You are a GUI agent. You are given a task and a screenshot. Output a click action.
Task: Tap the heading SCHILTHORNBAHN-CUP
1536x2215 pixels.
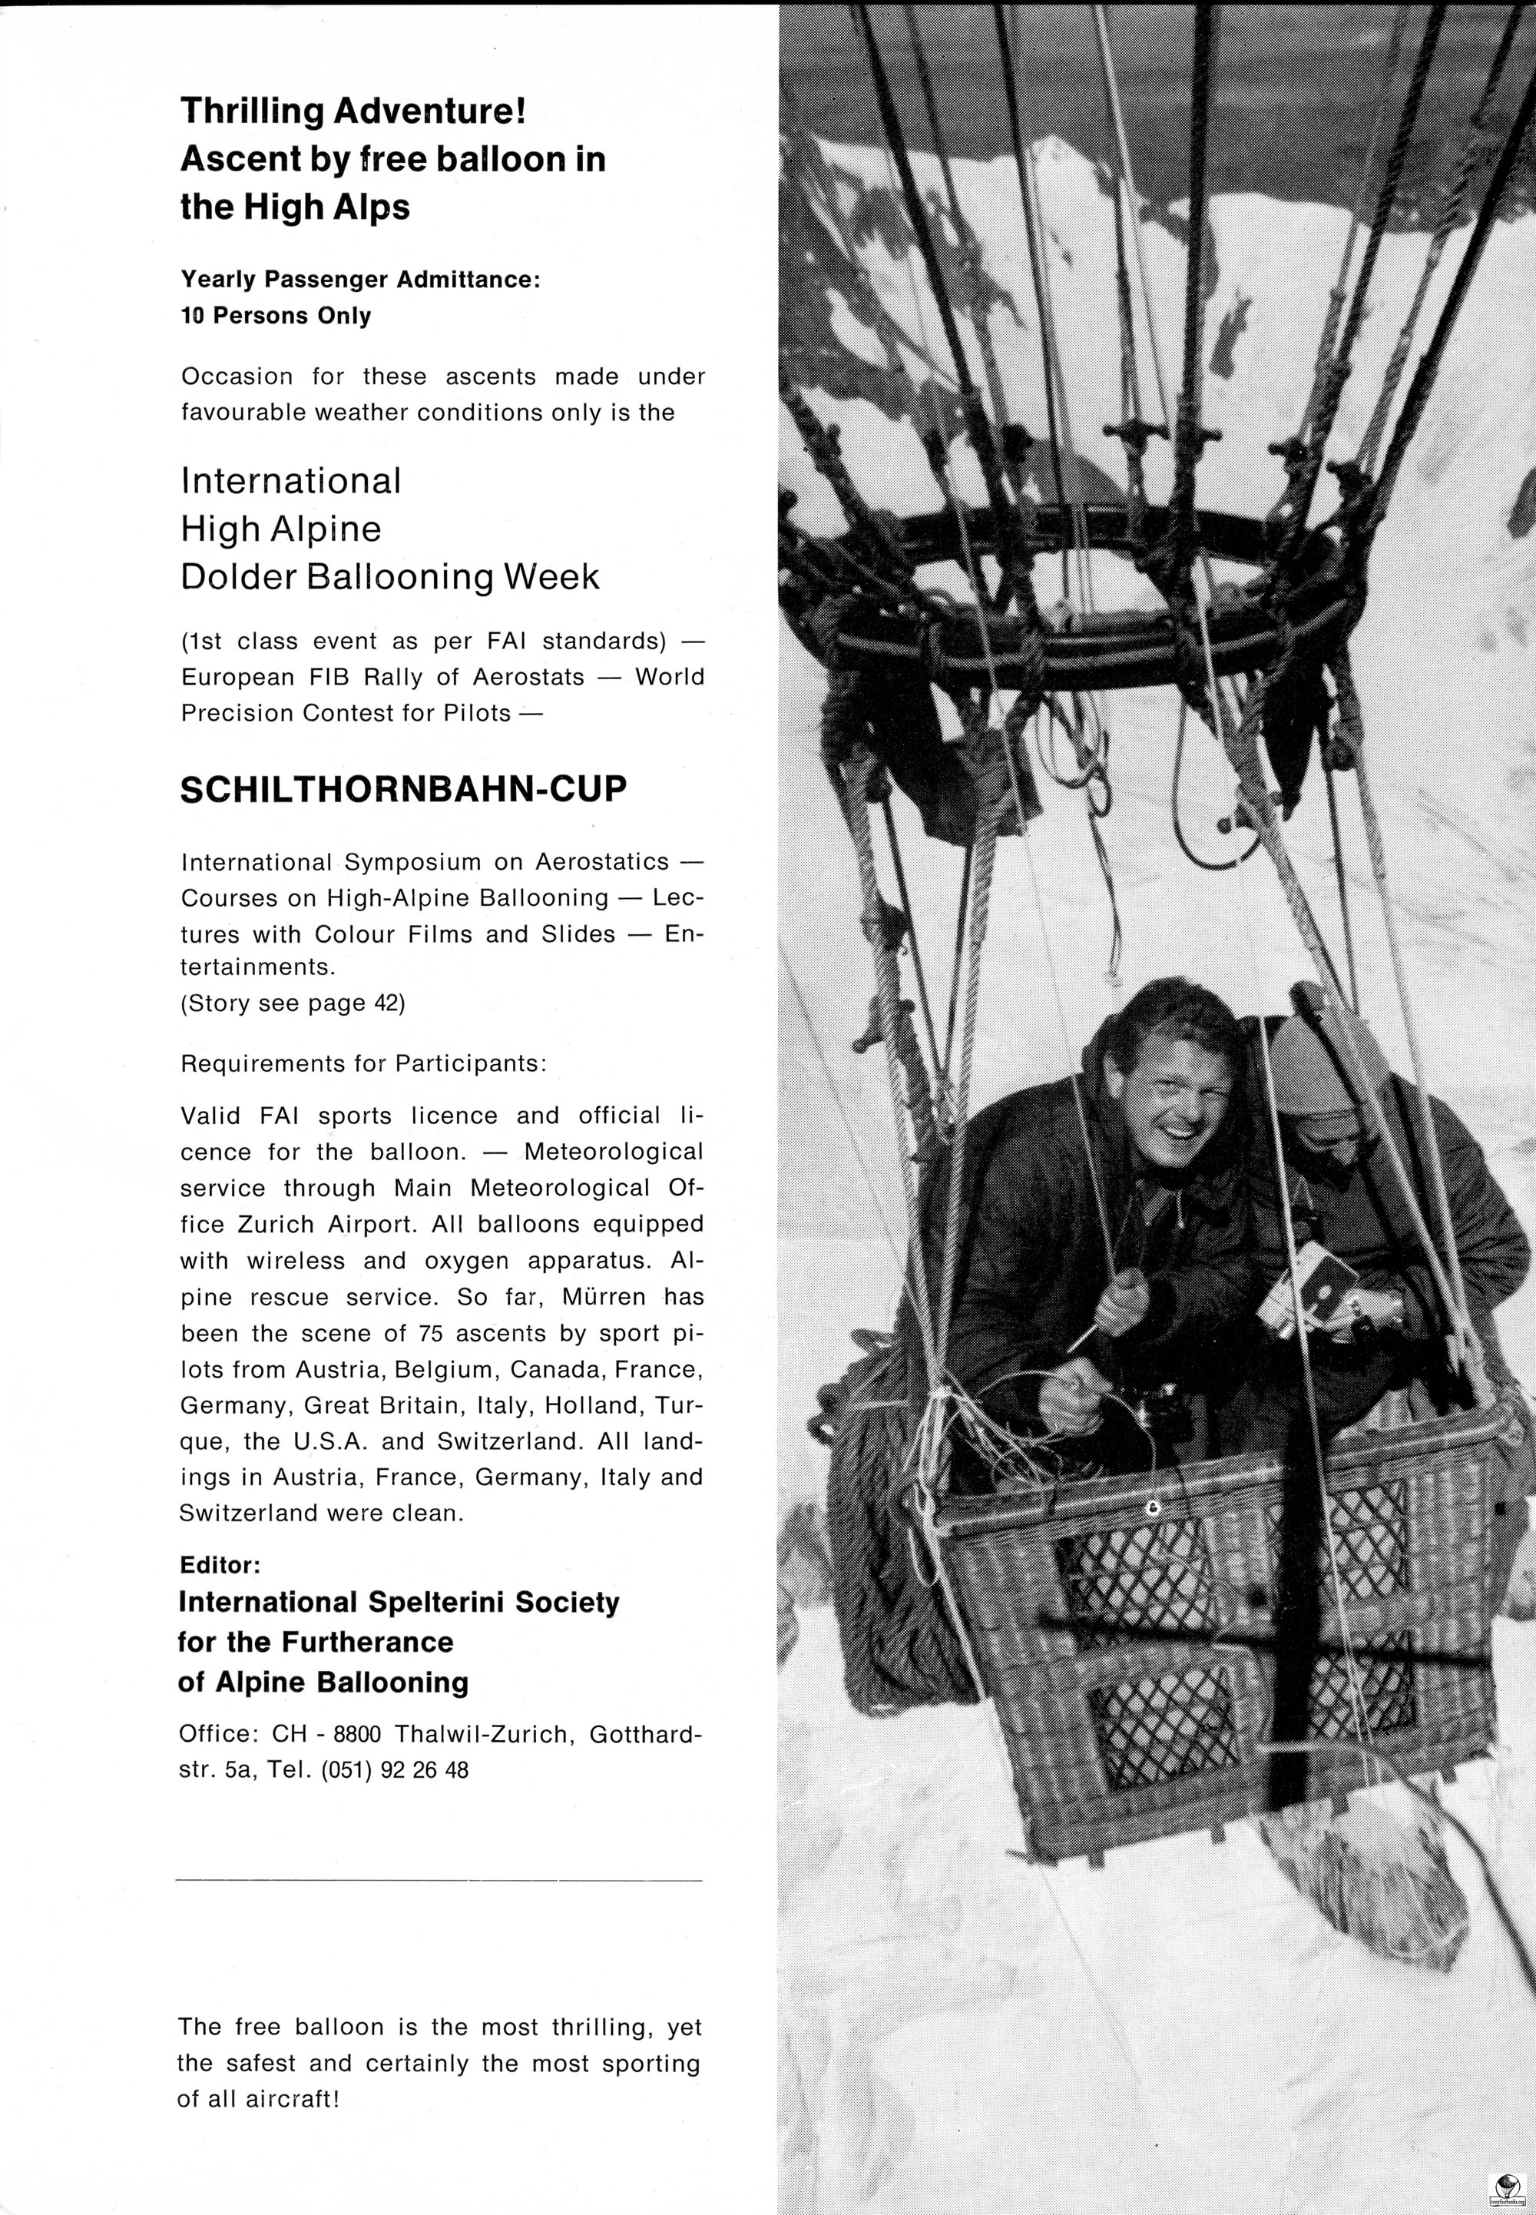pyautogui.click(x=403, y=789)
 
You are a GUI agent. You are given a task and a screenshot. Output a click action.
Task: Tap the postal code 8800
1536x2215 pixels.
pyautogui.click(x=357, y=1735)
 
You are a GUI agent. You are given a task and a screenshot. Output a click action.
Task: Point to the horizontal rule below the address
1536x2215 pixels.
pyautogui.click(x=440, y=1879)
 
